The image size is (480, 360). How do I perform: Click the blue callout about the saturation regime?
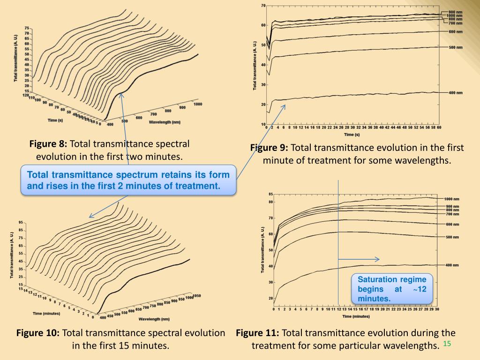pos(392,289)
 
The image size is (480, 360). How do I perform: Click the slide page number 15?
pos(446,344)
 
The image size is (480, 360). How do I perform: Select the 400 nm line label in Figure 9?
pos(456,93)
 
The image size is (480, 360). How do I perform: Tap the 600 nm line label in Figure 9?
pos(456,31)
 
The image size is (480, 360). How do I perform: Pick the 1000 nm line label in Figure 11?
pos(451,199)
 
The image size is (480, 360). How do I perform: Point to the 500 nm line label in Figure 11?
pos(452,237)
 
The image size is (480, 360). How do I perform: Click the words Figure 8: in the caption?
pos(49,144)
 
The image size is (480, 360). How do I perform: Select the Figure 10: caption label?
pos(38,333)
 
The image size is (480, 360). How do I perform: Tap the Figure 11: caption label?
pos(257,333)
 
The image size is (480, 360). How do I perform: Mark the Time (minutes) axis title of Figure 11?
pos(355,316)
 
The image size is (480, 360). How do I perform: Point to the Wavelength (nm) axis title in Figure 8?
pos(165,122)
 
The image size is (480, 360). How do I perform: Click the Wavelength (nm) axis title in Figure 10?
pos(154,319)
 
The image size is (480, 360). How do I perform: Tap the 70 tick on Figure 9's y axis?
pos(263,6)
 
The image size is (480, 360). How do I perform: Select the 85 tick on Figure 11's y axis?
pos(271,194)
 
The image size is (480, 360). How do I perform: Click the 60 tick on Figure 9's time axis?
pos(439,127)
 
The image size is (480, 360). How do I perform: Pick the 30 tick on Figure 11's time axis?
pos(437,309)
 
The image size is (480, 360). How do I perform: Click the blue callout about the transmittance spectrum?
pos(128,180)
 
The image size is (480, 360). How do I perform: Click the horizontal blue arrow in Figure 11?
pos(359,259)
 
